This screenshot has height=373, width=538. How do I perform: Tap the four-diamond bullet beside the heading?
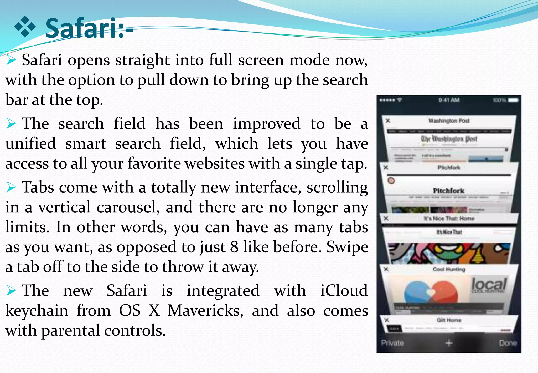click(25, 27)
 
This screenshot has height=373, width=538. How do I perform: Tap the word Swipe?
click(347, 247)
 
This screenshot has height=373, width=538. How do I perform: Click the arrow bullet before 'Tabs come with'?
click(11, 187)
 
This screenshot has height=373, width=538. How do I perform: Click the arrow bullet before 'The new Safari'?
click(11, 291)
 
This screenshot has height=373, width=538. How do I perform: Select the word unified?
click(31, 144)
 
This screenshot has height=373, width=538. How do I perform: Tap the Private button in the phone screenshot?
click(392, 343)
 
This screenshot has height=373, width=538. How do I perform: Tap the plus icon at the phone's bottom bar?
click(449, 343)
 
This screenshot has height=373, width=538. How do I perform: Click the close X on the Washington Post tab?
click(388, 121)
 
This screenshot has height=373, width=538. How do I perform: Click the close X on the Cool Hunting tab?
click(386, 269)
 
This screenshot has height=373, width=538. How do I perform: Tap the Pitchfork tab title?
click(449, 168)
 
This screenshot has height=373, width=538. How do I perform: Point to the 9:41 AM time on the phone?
click(449, 100)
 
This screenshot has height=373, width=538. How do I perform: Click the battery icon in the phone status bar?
click(513, 100)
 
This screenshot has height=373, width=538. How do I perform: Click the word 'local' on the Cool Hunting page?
click(489, 284)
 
